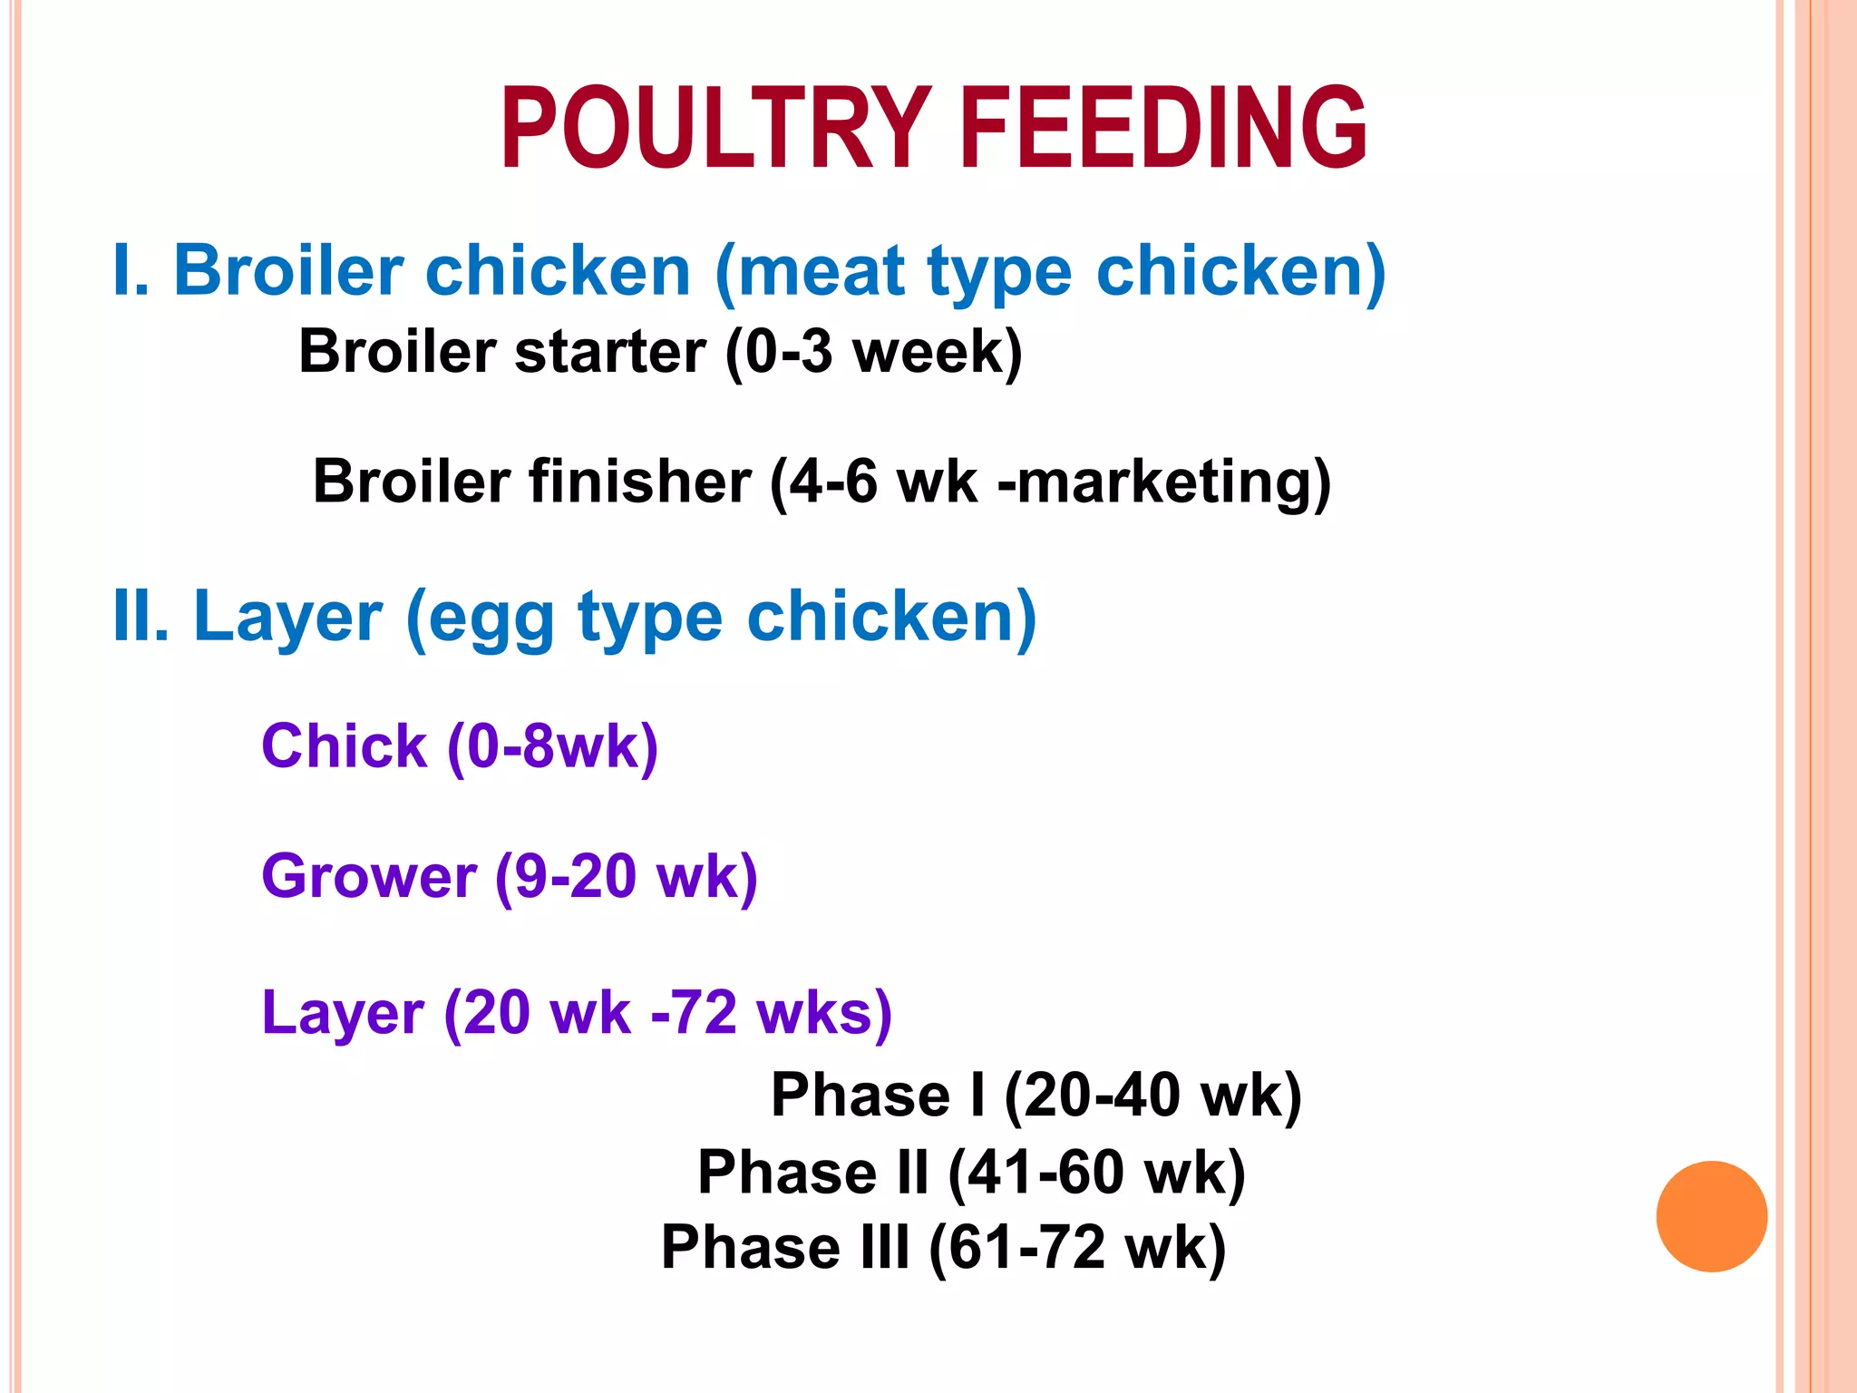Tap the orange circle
pos(1711,1216)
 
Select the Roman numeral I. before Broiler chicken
pos(131,270)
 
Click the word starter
pos(609,352)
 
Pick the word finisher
pos(640,481)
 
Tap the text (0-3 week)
pos(873,352)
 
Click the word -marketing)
pos(1163,482)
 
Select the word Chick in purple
pos(344,746)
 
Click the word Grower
pos(369,877)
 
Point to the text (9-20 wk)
pos(626,877)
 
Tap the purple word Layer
pos(343,1013)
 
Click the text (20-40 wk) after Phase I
pos(1152,1096)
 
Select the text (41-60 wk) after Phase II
pos(1096,1173)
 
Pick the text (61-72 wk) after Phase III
pos(1077,1248)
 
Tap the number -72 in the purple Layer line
pos(695,1013)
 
